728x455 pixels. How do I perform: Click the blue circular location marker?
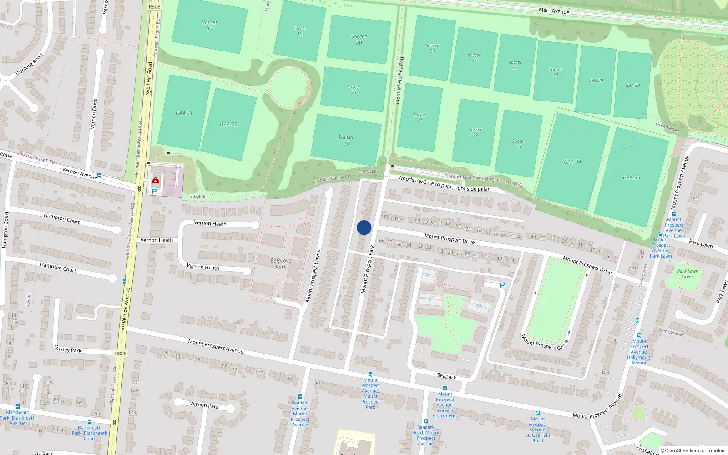click(364, 227)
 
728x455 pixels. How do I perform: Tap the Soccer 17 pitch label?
click(210, 25)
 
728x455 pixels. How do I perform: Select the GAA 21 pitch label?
click(184, 113)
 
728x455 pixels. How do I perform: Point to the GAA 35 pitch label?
click(632, 177)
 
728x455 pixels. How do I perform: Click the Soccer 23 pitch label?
click(346, 140)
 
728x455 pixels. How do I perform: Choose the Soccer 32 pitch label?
click(475, 132)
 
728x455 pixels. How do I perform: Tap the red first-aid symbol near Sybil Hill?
click(156, 181)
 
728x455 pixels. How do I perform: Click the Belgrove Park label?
click(281, 264)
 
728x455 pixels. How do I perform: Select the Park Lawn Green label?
click(688, 274)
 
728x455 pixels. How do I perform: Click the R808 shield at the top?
click(154, 6)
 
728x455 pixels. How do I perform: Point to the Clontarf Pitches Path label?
click(399, 80)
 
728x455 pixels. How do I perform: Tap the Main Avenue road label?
click(554, 10)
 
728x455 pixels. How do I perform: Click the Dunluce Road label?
click(29, 64)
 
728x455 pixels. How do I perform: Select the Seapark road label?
click(446, 376)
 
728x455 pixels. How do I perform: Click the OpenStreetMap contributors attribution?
click(693, 450)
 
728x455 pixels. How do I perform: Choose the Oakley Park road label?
click(68, 349)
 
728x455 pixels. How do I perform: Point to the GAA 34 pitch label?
click(572, 162)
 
